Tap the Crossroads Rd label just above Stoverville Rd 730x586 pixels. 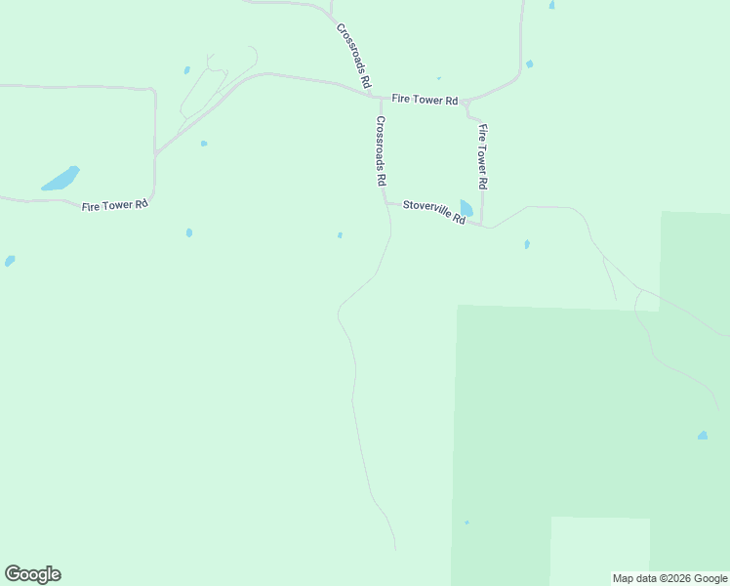point(382,151)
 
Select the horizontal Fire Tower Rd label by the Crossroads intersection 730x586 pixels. point(425,100)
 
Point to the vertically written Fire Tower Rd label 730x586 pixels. point(482,156)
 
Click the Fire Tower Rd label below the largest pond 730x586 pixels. point(114,205)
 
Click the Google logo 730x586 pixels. point(32,574)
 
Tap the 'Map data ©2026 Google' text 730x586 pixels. point(669,578)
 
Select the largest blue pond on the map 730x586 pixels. point(61,179)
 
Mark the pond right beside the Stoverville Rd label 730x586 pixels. point(466,208)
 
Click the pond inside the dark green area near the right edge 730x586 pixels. point(703,436)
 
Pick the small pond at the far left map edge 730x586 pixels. point(10,261)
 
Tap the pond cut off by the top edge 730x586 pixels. point(551,4)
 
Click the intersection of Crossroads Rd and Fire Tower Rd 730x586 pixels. point(379,97)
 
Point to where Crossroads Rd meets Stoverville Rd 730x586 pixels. point(385,202)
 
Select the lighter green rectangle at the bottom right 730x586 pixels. point(599,549)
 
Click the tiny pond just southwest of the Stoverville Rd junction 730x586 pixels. point(340,234)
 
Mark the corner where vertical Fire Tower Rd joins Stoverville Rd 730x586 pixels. point(482,224)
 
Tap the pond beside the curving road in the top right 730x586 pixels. point(529,64)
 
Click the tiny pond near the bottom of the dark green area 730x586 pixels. point(466,523)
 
